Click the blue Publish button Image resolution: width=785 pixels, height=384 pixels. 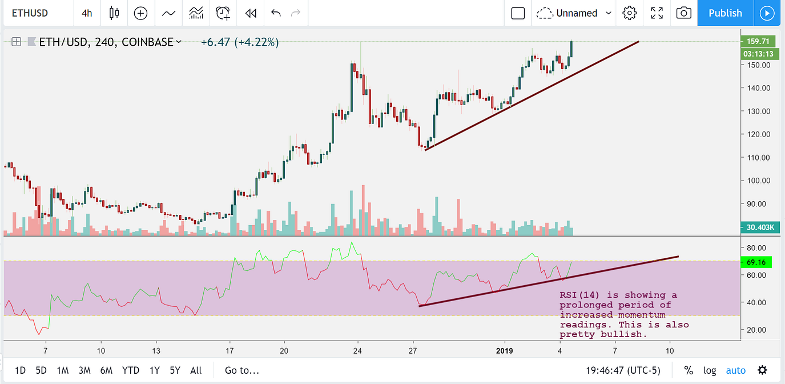(725, 13)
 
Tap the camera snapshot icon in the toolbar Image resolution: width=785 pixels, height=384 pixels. (683, 13)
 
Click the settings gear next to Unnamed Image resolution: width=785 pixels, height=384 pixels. (630, 13)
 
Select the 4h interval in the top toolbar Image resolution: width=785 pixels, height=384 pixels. (87, 13)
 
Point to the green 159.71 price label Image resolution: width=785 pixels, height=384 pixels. (756, 41)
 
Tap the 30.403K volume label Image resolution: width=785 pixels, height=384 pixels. (758, 227)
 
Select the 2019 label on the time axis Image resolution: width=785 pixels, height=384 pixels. (505, 350)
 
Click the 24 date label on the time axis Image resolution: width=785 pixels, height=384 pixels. (357, 350)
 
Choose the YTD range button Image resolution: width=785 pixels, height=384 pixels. (131, 370)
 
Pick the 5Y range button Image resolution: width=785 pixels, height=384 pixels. (175, 370)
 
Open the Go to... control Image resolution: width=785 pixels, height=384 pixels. (242, 370)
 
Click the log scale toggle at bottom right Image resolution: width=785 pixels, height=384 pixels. (710, 370)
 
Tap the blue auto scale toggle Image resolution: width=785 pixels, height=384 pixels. (736, 370)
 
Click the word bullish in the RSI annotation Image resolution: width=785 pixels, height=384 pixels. (626, 334)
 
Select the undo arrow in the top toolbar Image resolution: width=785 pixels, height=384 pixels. (276, 13)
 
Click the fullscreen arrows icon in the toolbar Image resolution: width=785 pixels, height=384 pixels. (657, 13)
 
